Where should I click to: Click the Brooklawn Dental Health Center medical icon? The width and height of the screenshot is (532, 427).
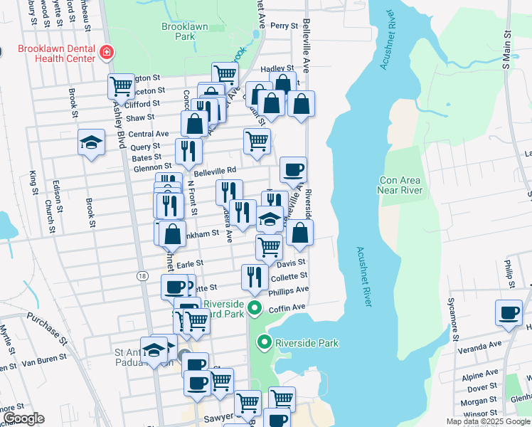[x=106, y=52]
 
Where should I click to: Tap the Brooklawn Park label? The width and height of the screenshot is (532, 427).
[x=178, y=31]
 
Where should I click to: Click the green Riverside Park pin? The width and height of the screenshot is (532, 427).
[x=265, y=343]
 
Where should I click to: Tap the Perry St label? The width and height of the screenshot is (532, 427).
[x=283, y=26]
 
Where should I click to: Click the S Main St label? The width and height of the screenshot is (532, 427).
[x=507, y=50]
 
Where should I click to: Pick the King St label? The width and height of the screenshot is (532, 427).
[x=33, y=181]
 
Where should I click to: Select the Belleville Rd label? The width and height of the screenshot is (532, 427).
[x=214, y=171]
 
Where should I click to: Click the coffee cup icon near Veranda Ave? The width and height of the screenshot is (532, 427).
[x=509, y=312]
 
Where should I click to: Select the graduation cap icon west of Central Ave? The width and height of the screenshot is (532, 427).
[x=92, y=142]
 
